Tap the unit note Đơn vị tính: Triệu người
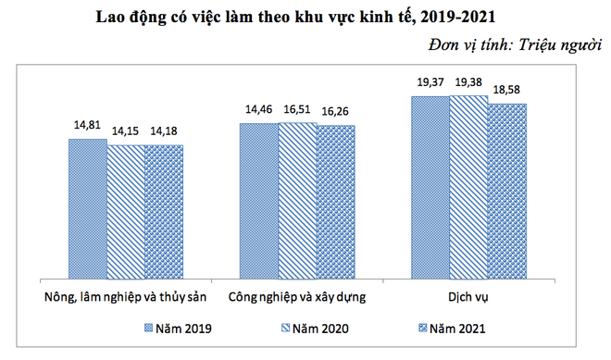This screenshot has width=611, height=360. click(514, 45)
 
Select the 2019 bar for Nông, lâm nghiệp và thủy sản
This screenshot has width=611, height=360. click(87, 208)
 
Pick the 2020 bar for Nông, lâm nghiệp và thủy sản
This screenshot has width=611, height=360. click(126, 211)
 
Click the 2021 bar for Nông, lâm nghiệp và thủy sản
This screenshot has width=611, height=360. click(164, 211)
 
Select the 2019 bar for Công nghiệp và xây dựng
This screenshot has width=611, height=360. click(259, 200)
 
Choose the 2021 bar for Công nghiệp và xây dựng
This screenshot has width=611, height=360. click(336, 201)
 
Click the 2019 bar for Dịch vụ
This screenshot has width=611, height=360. click(431, 186)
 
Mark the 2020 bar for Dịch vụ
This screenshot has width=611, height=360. click(469, 186)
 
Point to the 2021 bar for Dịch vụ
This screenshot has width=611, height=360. click(507, 190)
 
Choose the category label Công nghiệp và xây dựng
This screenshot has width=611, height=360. click(297, 297)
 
